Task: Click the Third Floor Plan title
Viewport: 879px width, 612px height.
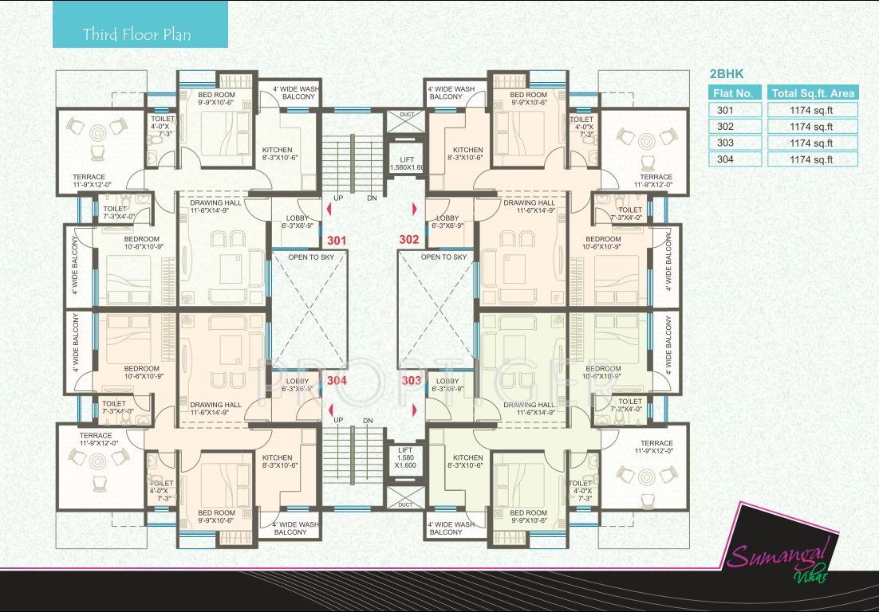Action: (x=137, y=35)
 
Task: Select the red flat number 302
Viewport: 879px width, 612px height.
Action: (x=410, y=238)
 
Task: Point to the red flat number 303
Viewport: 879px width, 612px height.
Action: (x=412, y=381)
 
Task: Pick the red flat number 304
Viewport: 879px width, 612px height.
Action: (x=337, y=381)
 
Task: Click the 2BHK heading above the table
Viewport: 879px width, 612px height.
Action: (x=727, y=73)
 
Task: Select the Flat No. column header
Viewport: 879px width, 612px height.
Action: (x=735, y=93)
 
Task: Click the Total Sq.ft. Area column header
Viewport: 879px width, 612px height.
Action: (x=812, y=93)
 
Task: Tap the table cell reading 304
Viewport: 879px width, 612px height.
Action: (x=725, y=159)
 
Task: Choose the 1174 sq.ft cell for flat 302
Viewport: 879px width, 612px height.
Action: (x=811, y=126)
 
